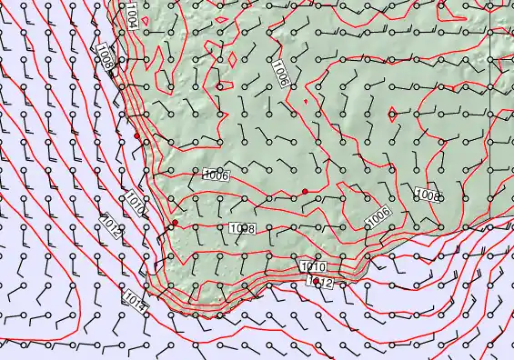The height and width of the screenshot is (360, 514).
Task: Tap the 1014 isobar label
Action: [133, 295]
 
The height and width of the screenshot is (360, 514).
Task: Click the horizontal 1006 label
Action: [215, 175]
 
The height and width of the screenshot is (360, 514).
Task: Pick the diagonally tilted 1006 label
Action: [378, 215]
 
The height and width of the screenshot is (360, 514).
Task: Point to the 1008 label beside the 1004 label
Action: [106, 61]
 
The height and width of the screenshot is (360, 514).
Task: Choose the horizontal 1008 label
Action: [241, 228]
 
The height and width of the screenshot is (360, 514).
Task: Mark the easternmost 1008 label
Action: [428, 195]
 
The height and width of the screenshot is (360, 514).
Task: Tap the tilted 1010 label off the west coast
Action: [134, 202]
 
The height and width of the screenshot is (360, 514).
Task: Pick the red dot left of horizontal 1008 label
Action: [175, 223]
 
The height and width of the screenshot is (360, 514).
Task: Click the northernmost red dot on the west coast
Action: [137, 136]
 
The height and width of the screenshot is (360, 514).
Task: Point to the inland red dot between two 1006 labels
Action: [305, 191]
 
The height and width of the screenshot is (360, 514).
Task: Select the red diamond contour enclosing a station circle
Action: [391, 114]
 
